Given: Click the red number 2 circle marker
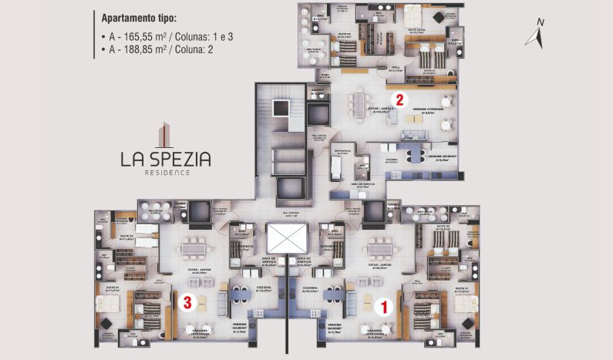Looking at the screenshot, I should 399,99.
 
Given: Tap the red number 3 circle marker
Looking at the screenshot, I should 187,302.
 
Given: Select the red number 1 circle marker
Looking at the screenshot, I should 380,305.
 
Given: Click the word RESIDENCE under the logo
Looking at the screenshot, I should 165,173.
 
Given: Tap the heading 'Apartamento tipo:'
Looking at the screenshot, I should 138,16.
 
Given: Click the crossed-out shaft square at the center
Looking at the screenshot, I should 286,239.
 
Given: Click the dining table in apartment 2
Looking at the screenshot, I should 359,103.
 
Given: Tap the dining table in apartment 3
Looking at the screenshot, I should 190,249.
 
